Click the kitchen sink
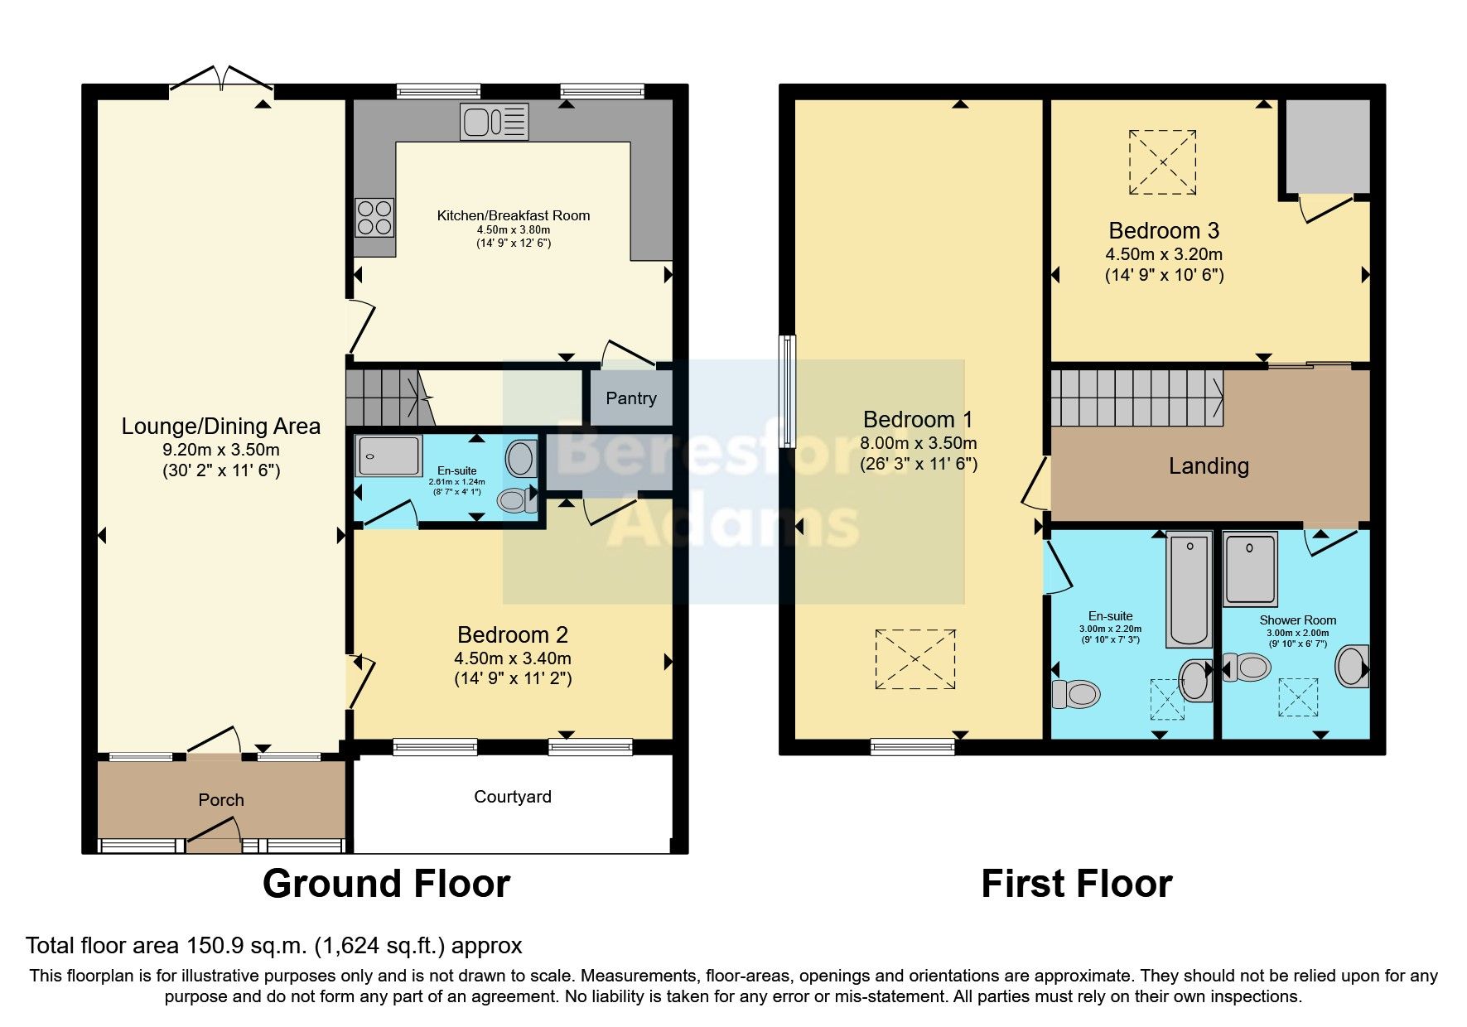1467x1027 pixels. (x=495, y=122)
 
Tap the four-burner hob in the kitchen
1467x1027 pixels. (x=374, y=217)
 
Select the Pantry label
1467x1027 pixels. (x=630, y=398)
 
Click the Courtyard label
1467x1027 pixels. (x=512, y=797)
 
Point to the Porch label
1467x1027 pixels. (x=221, y=800)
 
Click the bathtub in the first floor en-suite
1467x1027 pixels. (x=1189, y=590)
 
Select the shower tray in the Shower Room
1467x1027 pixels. (x=1251, y=569)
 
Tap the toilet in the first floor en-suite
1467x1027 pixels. (x=1075, y=693)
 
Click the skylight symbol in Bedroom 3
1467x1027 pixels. (x=1163, y=162)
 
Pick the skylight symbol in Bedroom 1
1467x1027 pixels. (x=915, y=659)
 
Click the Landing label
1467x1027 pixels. (x=1209, y=466)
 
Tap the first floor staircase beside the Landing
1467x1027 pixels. (x=1136, y=398)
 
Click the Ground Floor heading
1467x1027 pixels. (x=386, y=884)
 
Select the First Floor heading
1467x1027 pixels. (x=1076, y=884)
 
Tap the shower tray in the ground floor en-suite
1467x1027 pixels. (x=388, y=456)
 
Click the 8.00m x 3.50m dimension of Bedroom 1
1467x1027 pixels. (x=918, y=443)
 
